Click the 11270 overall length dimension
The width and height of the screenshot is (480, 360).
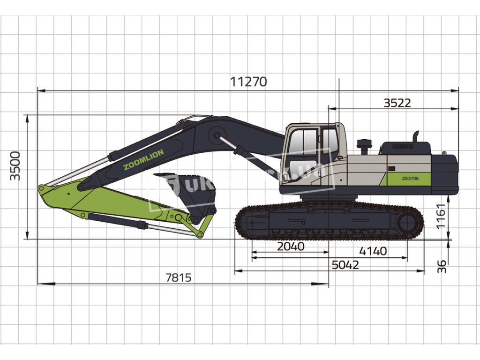(248, 82)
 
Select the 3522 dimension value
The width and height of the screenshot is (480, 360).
(397, 103)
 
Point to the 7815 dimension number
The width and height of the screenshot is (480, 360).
(179, 277)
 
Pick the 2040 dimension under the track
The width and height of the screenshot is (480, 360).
(291, 246)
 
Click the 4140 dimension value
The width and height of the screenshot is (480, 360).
(374, 251)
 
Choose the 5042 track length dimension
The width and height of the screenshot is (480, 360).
(345, 265)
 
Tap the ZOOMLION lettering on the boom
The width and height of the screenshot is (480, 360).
(143, 160)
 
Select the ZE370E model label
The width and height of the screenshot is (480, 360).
(411, 178)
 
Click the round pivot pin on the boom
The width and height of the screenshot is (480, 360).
(217, 136)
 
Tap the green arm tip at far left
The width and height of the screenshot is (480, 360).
(47, 192)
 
